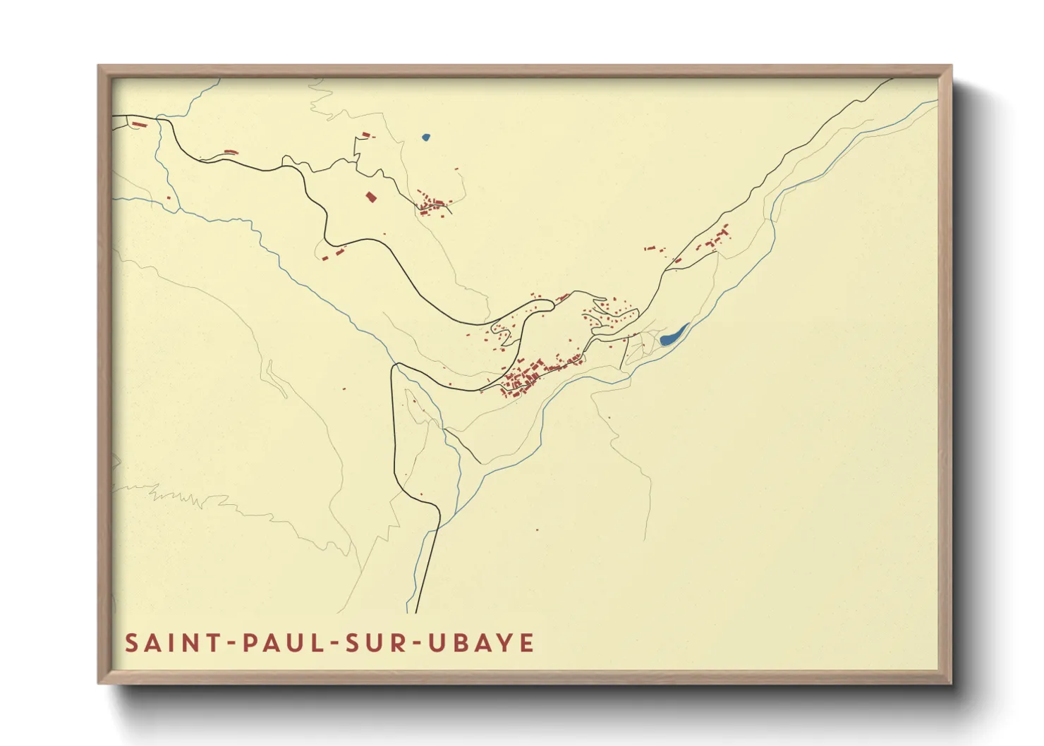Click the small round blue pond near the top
tap(425, 137)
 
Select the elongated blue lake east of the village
tap(674, 335)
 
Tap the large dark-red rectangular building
tap(371, 197)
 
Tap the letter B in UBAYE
tap(461, 643)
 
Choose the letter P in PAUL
tap(249, 643)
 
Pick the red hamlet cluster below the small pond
tap(435, 204)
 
